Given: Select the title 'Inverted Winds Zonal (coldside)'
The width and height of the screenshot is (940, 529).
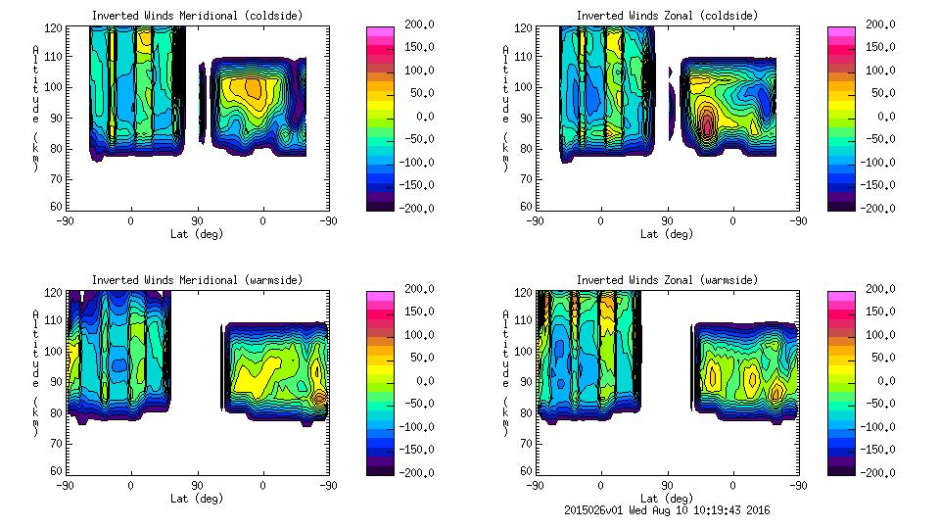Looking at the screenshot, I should [667, 16].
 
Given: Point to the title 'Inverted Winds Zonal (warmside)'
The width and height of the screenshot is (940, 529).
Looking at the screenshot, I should [667, 280].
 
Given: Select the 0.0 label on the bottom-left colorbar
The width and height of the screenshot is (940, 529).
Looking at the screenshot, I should [416, 380].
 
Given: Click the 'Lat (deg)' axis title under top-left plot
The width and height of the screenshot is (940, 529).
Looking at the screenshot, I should [197, 234].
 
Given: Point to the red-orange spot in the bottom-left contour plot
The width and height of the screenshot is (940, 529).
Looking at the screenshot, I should [319, 397].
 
